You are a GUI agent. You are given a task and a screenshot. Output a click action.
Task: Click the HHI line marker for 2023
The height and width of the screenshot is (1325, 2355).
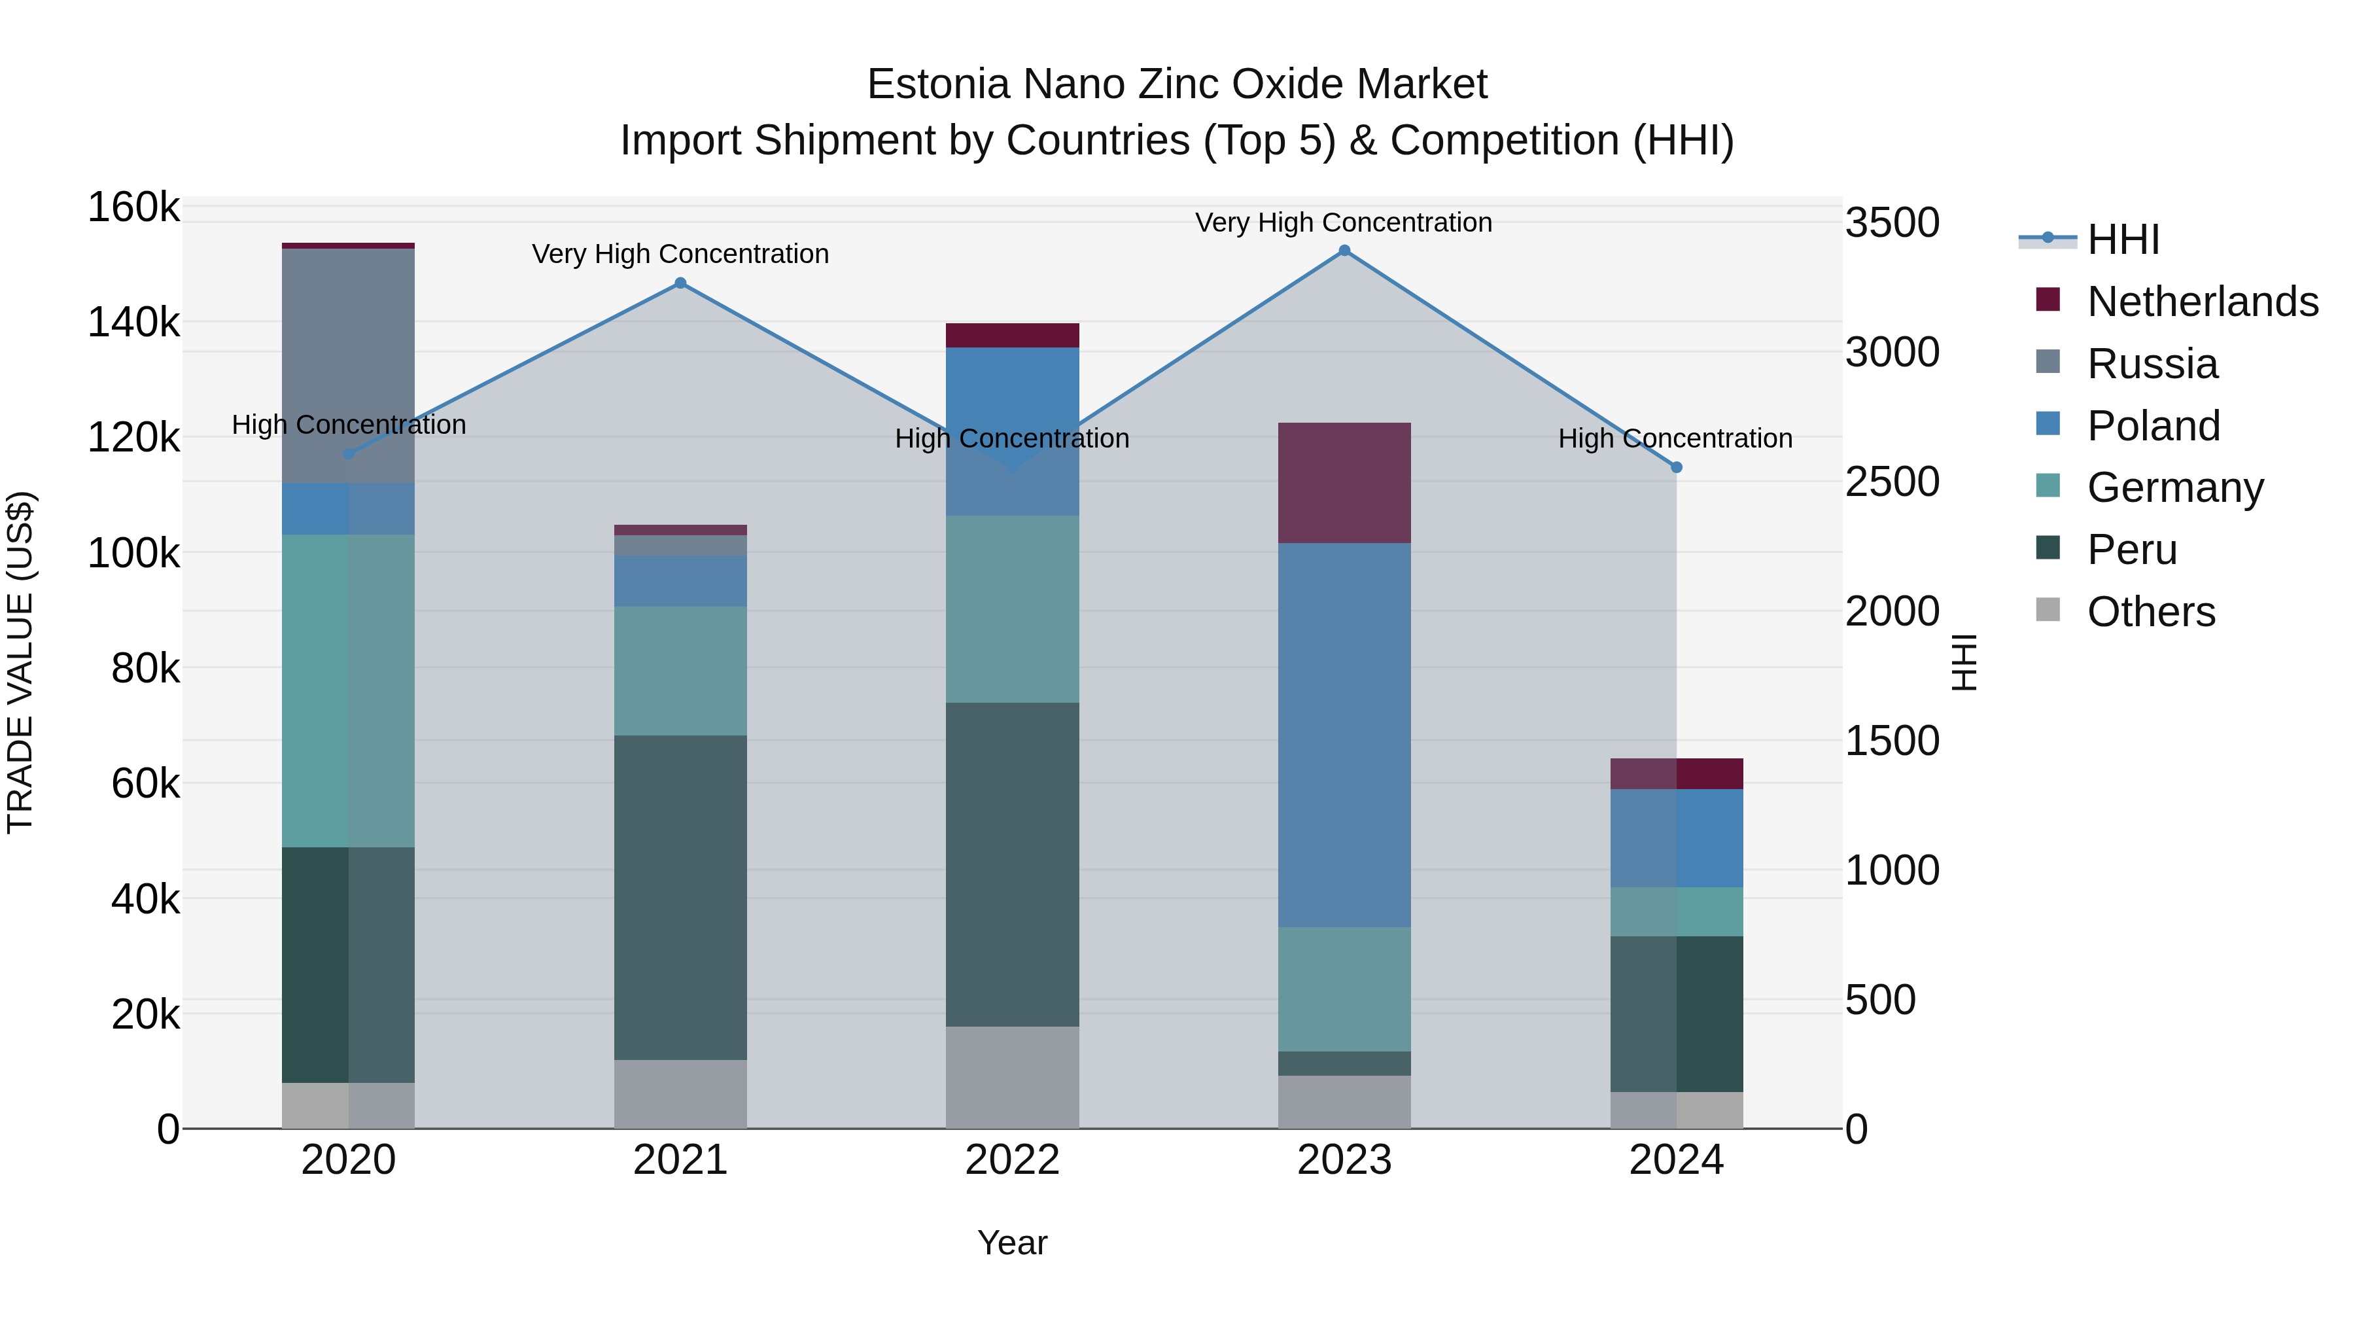[x=1344, y=251]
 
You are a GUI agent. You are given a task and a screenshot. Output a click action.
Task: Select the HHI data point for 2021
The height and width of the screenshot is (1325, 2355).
[x=680, y=283]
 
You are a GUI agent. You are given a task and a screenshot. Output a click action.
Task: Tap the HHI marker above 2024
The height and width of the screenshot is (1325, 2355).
[x=1677, y=467]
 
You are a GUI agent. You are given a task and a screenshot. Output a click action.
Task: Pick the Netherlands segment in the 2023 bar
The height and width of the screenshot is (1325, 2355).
[x=1344, y=483]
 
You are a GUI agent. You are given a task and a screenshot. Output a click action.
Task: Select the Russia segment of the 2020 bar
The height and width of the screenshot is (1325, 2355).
[x=348, y=365]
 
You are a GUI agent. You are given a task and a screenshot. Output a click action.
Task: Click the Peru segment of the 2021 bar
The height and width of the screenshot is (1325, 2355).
[x=680, y=897]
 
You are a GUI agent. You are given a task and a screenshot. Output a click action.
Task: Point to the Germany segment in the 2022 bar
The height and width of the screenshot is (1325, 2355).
[x=1012, y=609]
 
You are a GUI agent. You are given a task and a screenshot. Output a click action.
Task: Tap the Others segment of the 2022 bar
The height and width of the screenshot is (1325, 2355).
[x=1012, y=1077]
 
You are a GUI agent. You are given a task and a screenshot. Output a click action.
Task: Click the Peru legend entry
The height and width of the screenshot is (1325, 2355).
[x=2131, y=550]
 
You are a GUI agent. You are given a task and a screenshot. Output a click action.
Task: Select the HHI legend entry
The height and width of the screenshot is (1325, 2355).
[x=2123, y=239]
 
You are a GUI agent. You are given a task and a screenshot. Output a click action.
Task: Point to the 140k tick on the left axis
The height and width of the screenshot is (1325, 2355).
[x=133, y=323]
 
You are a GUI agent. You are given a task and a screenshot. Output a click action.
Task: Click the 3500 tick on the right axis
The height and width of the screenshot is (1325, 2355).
[x=1891, y=222]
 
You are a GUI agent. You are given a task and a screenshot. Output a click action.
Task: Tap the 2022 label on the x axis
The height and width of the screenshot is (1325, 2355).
[x=1012, y=1160]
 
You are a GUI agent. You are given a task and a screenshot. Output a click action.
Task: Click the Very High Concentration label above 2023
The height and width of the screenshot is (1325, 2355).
[x=1343, y=222]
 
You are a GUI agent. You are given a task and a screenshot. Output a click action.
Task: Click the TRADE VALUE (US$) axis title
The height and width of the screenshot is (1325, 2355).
[x=20, y=662]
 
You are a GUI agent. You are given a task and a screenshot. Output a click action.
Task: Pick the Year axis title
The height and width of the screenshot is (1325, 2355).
[x=1012, y=1243]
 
